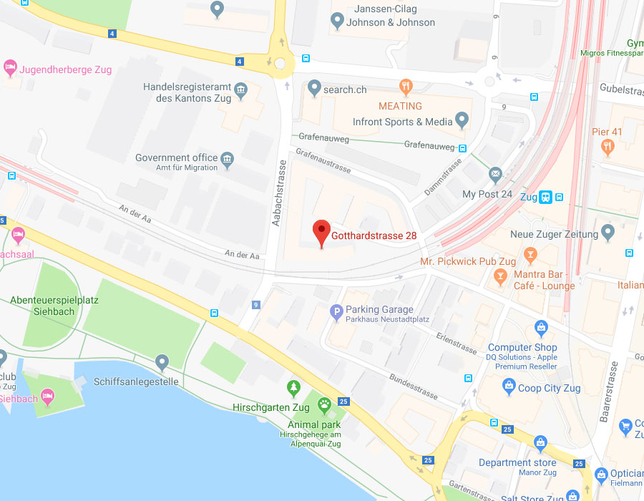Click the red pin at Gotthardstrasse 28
pos(321,231)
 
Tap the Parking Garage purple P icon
pos(336,311)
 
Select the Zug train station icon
pos(546,197)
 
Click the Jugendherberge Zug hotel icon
pos(10,68)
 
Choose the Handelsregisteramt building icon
pos(240,91)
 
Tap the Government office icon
pos(228,158)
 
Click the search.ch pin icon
pos(313,88)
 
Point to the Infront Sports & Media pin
pos(462,120)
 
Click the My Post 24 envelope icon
pos(495,174)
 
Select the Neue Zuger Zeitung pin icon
pos(608,233)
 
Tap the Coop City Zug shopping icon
pos(509,388)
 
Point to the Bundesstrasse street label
pos(413,385)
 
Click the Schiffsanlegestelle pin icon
pos(162,363)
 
